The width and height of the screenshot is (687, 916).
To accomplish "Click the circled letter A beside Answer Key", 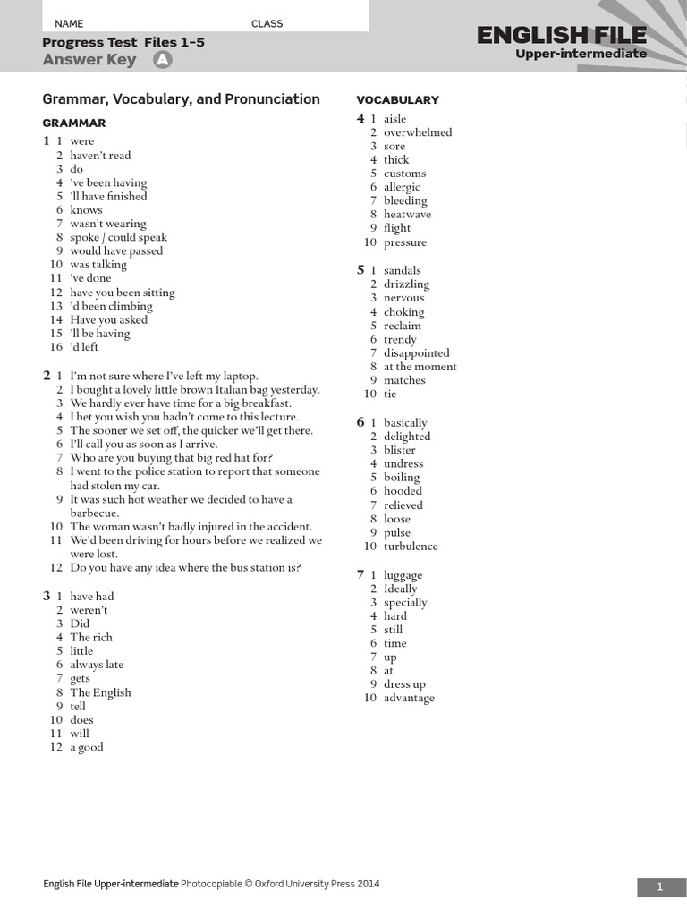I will [162, 60].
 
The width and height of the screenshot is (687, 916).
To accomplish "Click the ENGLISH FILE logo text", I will [561, 36].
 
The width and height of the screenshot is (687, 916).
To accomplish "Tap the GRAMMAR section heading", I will [74, 123].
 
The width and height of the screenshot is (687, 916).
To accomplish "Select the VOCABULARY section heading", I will [397, 99].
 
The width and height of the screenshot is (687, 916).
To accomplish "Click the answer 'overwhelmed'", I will [418, 132].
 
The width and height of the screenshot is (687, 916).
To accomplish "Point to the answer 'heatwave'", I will [407, 215].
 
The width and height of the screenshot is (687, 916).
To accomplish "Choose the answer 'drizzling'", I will [406, 284].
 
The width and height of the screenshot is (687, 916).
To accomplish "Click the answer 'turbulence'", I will [411, 547].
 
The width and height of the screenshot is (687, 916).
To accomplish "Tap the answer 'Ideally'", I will [400, 589].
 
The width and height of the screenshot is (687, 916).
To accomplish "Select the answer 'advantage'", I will [409, 698].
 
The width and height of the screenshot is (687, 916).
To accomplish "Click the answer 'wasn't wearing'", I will [107, 224].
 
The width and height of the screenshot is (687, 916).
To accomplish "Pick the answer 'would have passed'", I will [116, 251].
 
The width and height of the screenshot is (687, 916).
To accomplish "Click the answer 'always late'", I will [97, 665].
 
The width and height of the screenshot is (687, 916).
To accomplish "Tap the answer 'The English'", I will [100, 692].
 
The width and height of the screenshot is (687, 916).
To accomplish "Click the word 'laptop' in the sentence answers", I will [239, 377].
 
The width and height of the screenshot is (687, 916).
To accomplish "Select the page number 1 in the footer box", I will [660, 886].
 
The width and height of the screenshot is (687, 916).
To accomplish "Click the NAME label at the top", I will [69, 23].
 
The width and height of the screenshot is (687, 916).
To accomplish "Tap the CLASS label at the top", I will [267, 23].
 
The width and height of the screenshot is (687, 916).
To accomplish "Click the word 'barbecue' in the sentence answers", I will [93, 513].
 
